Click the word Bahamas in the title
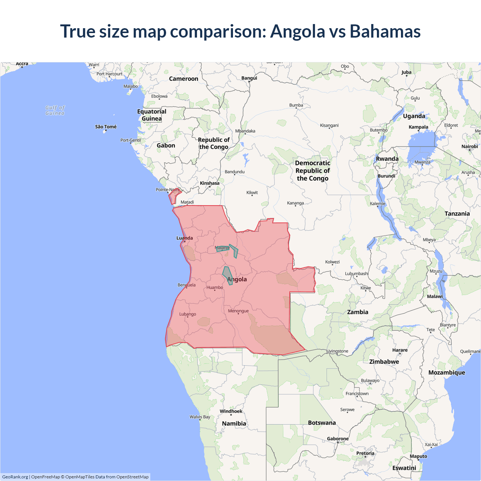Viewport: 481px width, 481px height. (x=385, y=31)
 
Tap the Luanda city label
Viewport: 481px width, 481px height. (x=185, y=238)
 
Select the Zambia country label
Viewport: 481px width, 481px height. (x=357, y=312)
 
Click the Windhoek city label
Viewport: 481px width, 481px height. (x=231, y=411)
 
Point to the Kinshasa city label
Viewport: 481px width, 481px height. (x=209, y=183)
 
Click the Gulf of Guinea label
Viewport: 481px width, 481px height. (x=55, y=110)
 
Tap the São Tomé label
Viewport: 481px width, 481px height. (x=106, y=127)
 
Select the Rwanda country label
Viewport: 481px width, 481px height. (x=387, y=159)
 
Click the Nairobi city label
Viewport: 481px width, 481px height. (x=469, y=146)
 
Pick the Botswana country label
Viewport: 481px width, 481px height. (x=322, y=423)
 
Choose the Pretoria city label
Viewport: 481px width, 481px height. (x=365, y=453)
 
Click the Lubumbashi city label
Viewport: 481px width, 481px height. (x=357, y=273)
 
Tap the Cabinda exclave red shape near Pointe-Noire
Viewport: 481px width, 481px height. (x=174, y=197)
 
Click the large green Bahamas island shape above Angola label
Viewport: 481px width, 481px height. (x=227, y=275)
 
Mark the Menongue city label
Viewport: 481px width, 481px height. (x=238, y=311)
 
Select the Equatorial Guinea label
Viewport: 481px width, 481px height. (x=151, y=115)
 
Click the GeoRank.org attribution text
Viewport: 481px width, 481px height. (x=15, y=477)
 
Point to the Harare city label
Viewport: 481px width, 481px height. (x=400, y=350)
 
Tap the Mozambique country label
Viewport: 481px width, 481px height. (x=446, y=372)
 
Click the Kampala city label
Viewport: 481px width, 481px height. (x=418, y=127)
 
